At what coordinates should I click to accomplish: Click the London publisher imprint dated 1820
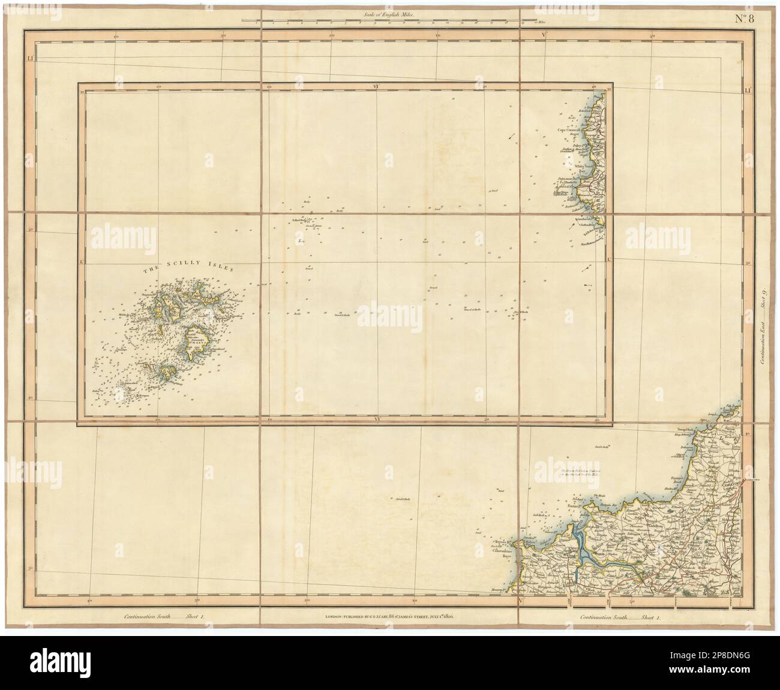click(390, 616)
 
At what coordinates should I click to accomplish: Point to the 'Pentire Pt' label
click(575, 506)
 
